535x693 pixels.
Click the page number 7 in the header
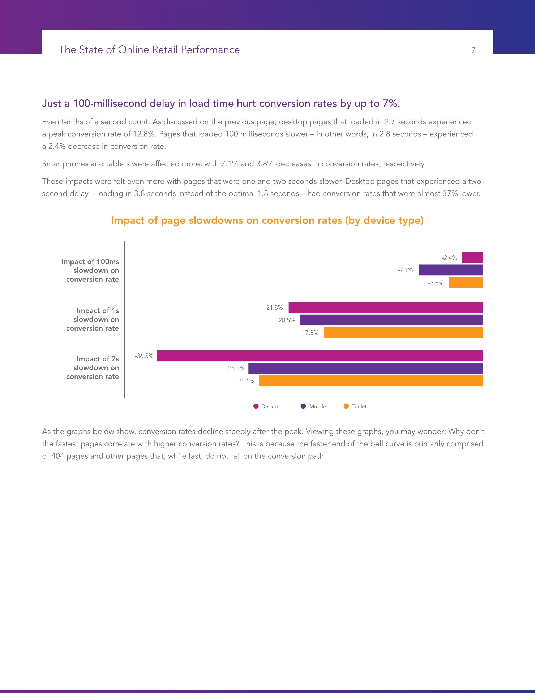pos(473,50)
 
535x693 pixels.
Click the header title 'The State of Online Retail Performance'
pos(149,50)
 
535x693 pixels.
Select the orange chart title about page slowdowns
pos(267,220)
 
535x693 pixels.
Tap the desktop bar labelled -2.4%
pos(472,257)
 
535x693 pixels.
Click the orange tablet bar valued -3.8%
pos(466,282)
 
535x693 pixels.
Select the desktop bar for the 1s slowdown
pos(385,307)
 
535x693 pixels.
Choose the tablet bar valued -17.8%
pos(403,333)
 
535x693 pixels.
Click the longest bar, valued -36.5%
pos(320,356)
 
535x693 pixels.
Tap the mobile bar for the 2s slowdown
pos(365,368)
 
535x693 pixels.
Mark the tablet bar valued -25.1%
pos(371,381)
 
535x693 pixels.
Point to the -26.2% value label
pos(235,368)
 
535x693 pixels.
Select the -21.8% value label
pos(274,307)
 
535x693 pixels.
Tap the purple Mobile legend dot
pos(303,406)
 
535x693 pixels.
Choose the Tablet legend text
pos(359,407)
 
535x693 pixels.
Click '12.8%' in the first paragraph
pos(144,134)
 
